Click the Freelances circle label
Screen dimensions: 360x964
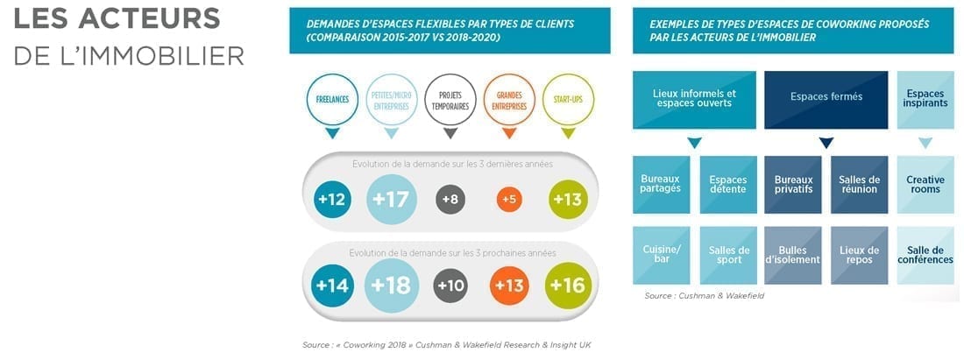(x=332, y=100)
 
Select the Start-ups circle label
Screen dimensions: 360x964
(x=568, y=100)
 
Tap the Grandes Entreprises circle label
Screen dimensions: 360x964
(x=509, y=100)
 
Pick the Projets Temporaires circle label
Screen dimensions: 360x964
(x=450, y=100)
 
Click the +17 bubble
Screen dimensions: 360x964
(x=391, y=200)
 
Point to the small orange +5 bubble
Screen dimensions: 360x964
(x=509, y=200)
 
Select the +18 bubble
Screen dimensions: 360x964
(x=391, y=286)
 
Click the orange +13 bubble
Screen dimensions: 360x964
(x=509, y=286)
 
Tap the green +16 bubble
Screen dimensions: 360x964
(x=568, y=286)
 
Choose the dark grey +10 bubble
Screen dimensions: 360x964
(x=450, y=286)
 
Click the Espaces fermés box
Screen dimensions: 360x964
(x=826, y=97)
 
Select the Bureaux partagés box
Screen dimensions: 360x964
(x=661, y=184)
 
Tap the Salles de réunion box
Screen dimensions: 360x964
(x=860, y=184)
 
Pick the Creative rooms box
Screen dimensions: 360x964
(x=925, y=184)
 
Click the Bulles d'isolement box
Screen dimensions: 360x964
(x=793, y=255)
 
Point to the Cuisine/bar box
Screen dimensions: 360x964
(x=661, y=255)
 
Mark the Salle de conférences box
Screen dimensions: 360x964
(x=925, y=255)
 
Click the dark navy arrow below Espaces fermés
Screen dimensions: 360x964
(x=826, y=143)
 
